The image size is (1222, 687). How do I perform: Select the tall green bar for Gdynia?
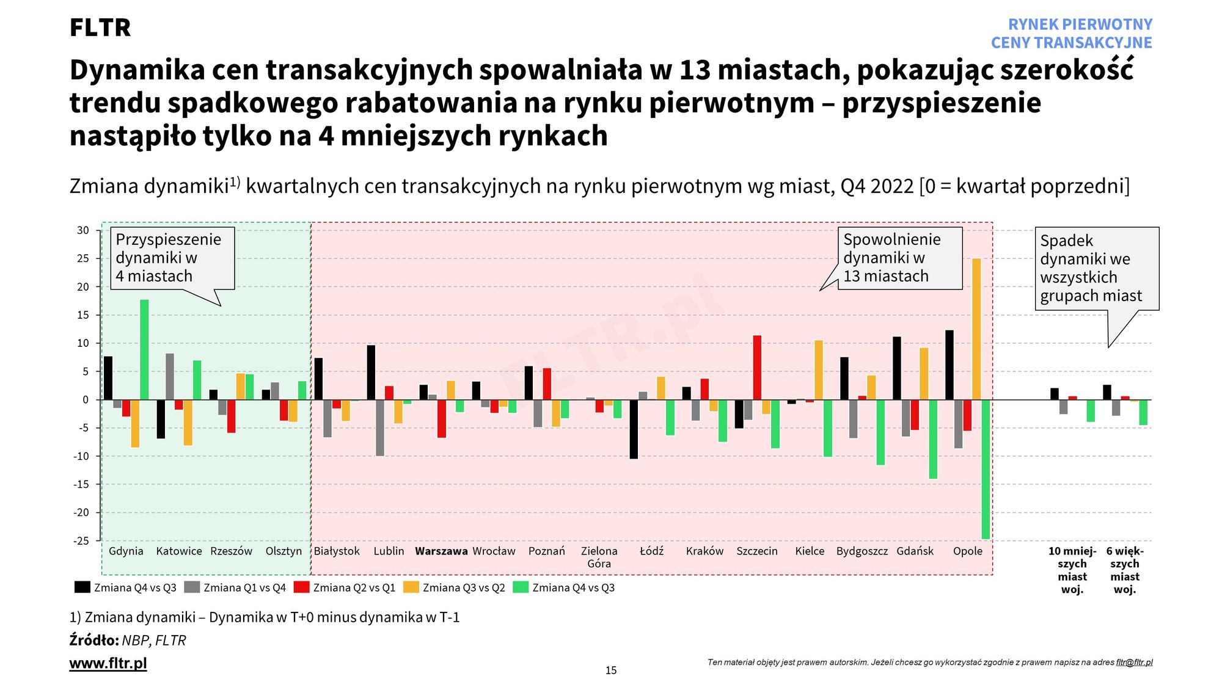(x=144, y=349)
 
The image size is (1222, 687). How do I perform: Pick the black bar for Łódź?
(x=634, y=429)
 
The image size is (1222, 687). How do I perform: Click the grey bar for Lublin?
(x=380, y=427)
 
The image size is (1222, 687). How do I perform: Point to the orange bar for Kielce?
(x=819, y=370)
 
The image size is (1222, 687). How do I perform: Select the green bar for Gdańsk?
(x=933, y=439)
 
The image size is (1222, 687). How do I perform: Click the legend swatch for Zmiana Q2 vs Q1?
(x=302, y=587)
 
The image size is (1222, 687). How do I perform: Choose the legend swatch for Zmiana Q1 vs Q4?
(x=192, y=587)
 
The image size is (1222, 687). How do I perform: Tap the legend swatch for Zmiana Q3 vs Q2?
(x=411, y=587)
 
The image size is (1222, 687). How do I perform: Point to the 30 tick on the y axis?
(x=82, y=230)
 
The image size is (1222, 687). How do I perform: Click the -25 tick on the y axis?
(x=82, y=540)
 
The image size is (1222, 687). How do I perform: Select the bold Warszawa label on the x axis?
(x=441, y=551)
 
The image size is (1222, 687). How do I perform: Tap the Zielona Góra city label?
(x=599, y=557)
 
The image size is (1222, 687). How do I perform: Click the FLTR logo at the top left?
(x=100, y=27)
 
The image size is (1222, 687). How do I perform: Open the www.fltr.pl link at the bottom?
(x=108, y=663)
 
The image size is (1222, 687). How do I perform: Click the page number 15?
(x=611, y=671)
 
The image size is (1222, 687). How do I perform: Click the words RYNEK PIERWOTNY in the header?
(x=1080, y=24)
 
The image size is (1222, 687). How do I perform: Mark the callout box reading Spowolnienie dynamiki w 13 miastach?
(x=899, y=258)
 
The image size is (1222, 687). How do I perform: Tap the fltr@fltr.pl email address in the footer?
(x=1134, y=662)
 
